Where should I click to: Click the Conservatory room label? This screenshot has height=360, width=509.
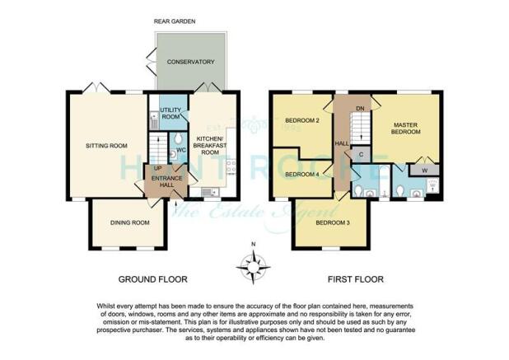click(190, 62)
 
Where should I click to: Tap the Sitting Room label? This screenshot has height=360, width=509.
click(106, 146)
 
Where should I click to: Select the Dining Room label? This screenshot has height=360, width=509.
click(130, 222)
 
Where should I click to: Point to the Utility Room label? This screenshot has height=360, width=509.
click(170, 114)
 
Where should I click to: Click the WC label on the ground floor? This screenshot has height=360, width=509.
click(181, 150)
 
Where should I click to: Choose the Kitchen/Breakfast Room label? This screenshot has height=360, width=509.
click(210, 146)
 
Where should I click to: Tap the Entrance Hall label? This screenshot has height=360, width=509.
click(167, 181)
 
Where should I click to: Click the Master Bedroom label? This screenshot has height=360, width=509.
click(406, 129)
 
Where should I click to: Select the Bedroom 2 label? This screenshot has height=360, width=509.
click(302, 120)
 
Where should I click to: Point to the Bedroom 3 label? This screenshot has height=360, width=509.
click(333, 223)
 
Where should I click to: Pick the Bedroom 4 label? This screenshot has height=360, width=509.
click(302, 175)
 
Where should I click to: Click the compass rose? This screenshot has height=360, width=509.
click(253, 268)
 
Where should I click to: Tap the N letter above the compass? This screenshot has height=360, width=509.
click(254, 244)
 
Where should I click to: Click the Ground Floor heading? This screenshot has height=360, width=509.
click(153, 279)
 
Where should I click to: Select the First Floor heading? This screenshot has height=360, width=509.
click(356, 279)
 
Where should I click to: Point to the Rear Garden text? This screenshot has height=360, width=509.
click(175, 21)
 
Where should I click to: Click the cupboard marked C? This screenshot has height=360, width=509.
click(362, 155)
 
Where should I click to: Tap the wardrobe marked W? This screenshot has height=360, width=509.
click(425, 170)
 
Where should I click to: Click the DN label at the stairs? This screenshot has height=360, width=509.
click(360, 109)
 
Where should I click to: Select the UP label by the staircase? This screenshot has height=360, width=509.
click(157, 168)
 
